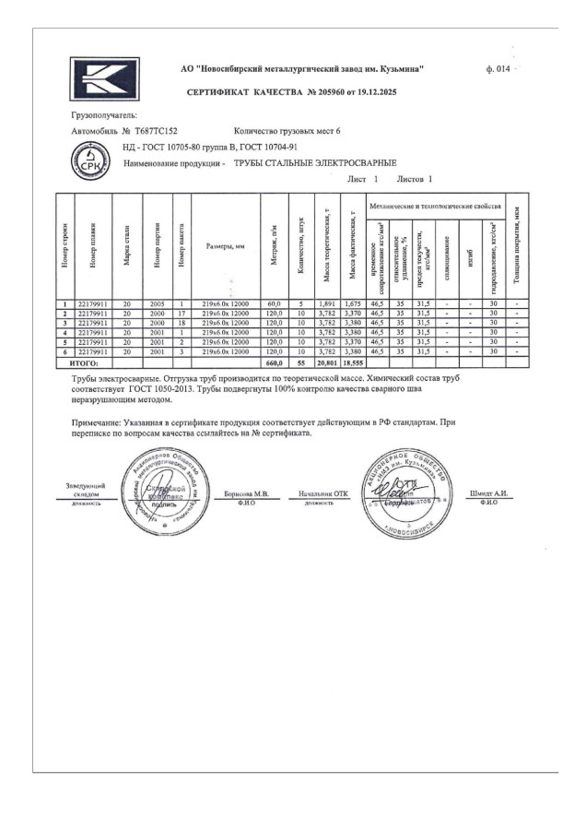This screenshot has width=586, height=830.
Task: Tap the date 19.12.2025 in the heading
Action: coord(377,94)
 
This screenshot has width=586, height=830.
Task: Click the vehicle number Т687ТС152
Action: coord(156,132)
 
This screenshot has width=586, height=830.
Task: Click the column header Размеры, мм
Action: coord(226,247)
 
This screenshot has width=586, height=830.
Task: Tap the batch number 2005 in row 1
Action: coord(157,303)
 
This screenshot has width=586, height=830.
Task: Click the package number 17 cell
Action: coord(182,314)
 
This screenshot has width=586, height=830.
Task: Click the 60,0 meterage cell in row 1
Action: coord(274,303)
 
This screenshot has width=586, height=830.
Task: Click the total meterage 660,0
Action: coord(273,364)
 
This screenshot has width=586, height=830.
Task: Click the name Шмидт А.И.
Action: coord(488,493)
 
